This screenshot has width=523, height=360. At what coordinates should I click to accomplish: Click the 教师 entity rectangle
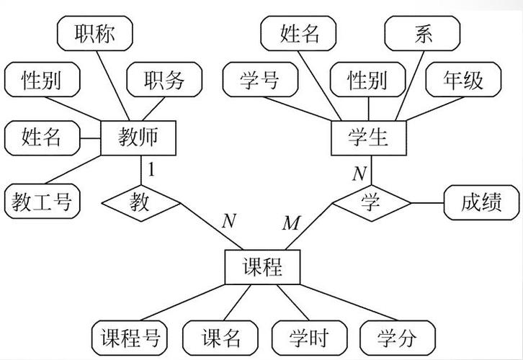point(138,136)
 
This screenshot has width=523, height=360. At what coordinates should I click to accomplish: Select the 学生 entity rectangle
point(368,136)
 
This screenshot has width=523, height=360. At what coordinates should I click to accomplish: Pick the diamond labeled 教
point(140,202)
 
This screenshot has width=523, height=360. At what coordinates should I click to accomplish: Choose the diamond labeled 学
point(370,202)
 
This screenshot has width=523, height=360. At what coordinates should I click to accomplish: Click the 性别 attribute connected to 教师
point(42,79)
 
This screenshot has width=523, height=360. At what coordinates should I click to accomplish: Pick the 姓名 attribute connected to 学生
point(299,33)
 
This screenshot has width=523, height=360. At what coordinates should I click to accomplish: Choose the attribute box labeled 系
point(423,33)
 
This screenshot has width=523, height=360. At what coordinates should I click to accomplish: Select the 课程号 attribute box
point(130,337)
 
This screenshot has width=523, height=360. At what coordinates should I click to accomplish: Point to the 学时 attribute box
point(309,337)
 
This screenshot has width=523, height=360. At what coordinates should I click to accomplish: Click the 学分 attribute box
point(397,337)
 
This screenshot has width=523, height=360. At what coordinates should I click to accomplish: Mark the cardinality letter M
point(290,223)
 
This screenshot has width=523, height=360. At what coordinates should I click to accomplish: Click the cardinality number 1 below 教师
point(151,170)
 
